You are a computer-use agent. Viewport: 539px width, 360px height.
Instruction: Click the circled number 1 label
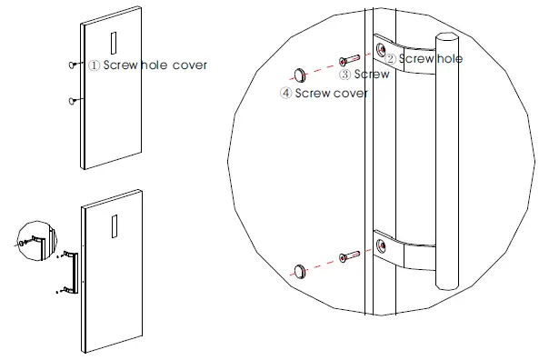94,65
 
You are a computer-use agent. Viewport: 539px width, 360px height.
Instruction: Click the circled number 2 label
389,58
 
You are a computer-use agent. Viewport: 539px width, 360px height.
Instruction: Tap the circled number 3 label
345,74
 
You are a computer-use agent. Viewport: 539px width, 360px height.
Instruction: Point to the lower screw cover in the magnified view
300,269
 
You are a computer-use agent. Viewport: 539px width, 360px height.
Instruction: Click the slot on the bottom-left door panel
114,222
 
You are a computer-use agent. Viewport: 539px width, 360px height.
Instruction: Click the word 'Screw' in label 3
371,74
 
